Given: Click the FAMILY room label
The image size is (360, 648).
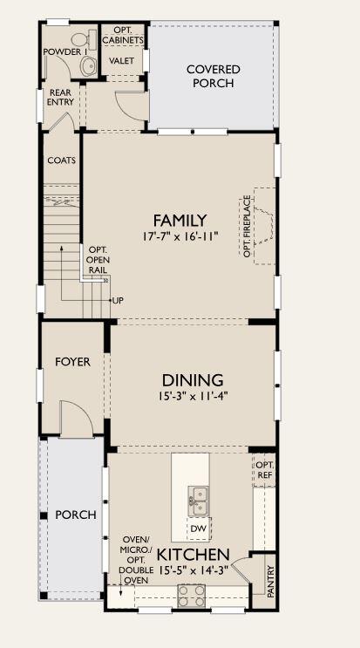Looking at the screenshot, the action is [x=180, y=221].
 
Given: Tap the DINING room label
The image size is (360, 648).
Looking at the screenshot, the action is [x=193, y=379].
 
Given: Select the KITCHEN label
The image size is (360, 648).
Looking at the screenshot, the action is [x=194, y=554].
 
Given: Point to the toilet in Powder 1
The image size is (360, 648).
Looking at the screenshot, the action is [x=79, y=39].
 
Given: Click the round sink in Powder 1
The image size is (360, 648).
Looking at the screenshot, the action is [x=89, y=66].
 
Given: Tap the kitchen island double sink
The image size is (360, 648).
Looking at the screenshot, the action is [x=199, y=501].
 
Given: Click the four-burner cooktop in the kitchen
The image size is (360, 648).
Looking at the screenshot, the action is [x=191, y=595].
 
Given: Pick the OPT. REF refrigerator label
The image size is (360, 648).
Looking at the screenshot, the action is [x=265, y=469].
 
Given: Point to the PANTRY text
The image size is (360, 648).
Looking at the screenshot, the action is [x=271, y=581].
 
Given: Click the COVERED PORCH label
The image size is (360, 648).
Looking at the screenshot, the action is [x=213, y=76].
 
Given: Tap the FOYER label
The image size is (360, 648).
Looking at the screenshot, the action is [x=72, y=362].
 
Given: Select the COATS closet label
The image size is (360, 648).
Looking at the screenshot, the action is [x=62, y=160].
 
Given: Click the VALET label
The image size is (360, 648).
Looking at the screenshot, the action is [x=121, y=60].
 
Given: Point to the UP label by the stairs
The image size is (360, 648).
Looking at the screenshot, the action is [x=118, y=300].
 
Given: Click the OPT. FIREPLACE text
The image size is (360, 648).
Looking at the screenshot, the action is [x=247, y=226].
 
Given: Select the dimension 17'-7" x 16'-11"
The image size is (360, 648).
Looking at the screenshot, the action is [x=180, y=237].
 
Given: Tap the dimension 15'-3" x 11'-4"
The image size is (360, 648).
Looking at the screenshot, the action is [x=193, y=396].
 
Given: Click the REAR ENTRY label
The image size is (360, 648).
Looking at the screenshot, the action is [x=61, y=97].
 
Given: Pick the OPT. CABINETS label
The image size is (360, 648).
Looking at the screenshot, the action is [x=123, y=36].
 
